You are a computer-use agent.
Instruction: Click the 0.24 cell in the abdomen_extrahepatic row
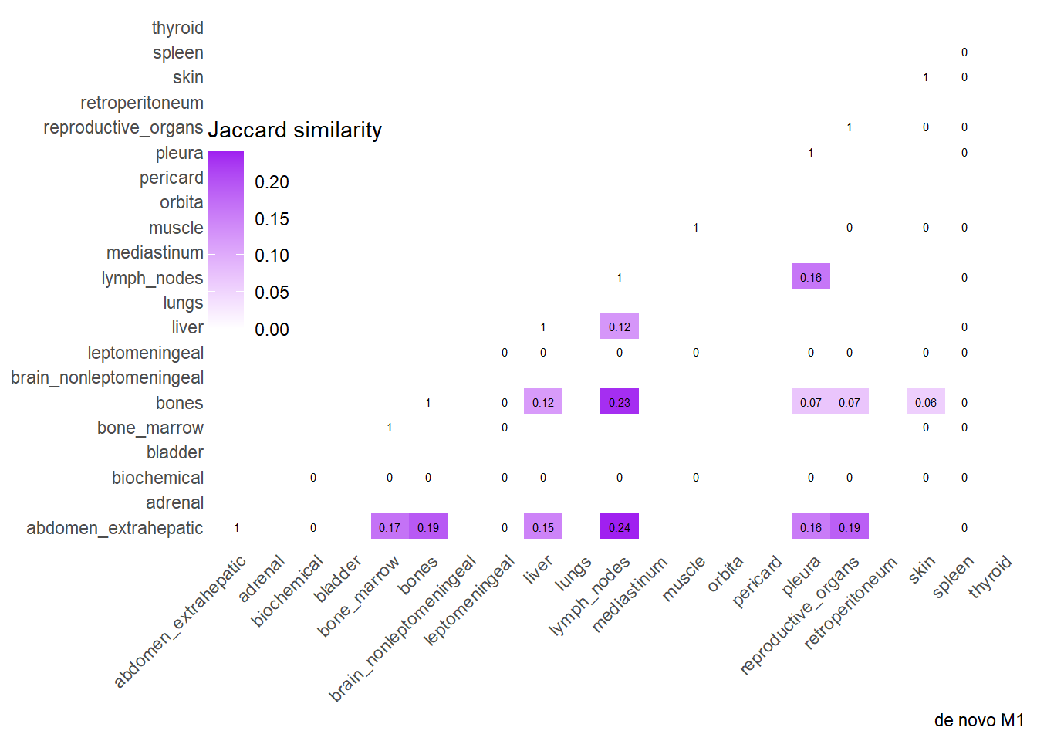pyautogui.click(x=620, y=527)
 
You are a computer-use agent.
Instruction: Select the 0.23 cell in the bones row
pyautogui.click(x=620, y=402)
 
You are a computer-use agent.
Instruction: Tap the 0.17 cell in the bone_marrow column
pyautogui.click(x=390, y=527)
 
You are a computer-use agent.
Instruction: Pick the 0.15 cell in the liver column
pyautogui.click(x=543, y=527)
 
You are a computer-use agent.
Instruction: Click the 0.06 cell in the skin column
pyautogui.click(x=926, y=402)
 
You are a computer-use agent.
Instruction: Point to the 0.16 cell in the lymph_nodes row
pyautogui.click(x=811, y=277)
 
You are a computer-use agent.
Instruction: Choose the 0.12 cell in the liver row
pyautogui.click(x=620, y=327)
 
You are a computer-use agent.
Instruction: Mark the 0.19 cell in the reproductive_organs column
pyautogui.click(x=850, y=527)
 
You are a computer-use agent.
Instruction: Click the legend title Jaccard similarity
pyautogui.click(x=295, y=130)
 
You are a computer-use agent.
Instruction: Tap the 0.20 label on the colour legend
pyautogui.click(x=272, y=182)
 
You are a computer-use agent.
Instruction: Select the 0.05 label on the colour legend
pyautogui.click(x=272, y=293)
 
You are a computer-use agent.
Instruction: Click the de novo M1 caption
pyautogui.click(x=978, y=720)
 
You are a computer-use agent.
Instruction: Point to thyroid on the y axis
pyautogui.click(x=177, y=28)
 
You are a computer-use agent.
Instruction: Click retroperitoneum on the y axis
pyautogui.click(x=142, y=103)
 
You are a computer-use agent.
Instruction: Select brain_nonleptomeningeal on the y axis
pyautogui.click(x=107, y=377)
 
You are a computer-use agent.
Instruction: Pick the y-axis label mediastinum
pyautogui.click(x=155, y=252)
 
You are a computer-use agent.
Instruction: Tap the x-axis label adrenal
pyautogui.click(x=262, y=579)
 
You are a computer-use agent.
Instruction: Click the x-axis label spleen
pyautogui.click(x=953, y=577)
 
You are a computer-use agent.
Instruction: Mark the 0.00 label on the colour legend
pyautogui.click(x=272, y=330)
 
